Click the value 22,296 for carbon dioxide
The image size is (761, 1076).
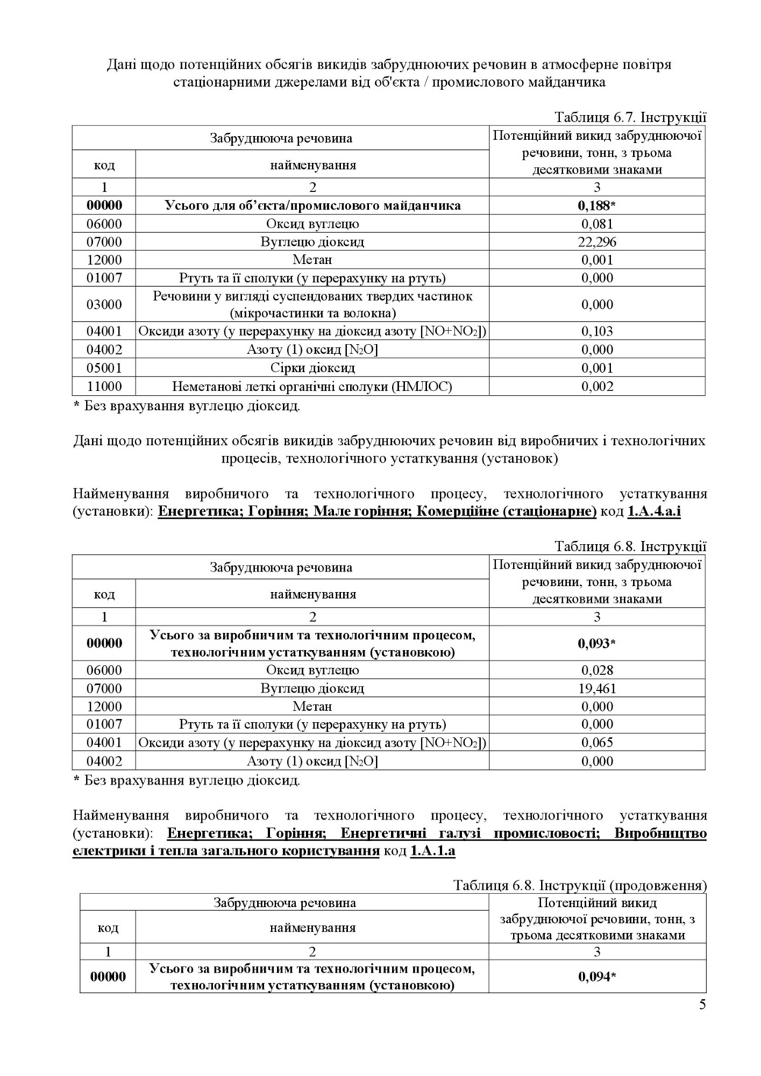point(597,242)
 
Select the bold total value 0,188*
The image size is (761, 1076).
point(597,205)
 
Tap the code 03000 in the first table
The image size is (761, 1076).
point(104,304)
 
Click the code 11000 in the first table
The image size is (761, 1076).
point(104,387)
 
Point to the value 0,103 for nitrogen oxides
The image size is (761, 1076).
point(597,331)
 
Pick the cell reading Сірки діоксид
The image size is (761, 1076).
point(312,368)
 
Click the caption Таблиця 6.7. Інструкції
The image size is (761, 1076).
point(630,117)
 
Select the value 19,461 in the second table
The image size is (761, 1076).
point(597,689)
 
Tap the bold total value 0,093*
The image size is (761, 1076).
point(597,644)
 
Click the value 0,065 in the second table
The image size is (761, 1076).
point(597,743)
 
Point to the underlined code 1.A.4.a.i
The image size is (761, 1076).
point(654,511)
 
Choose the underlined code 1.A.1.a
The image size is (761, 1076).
point(432,851)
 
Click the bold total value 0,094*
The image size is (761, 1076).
point(597,977)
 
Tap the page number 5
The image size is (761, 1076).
point(702,1004)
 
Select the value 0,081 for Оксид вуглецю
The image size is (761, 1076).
point(597,224)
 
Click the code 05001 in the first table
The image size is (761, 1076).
point(104,368)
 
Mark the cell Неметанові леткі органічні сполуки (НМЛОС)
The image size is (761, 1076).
point(312,387)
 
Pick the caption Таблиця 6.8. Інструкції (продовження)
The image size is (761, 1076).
point(580,886)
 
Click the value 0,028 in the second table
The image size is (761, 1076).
point(597,670)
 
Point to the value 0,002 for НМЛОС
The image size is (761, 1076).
point(597,387)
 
